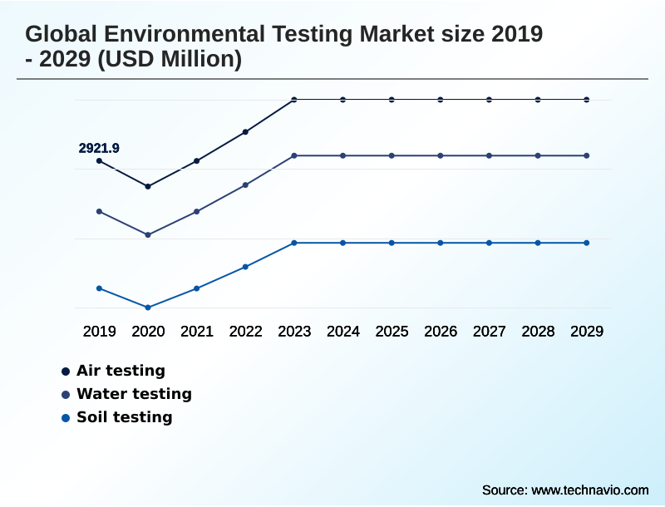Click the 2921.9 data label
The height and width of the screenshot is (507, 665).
point(99,148)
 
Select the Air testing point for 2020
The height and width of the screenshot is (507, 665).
point(148,186)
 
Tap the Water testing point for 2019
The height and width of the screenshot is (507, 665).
point(99,211)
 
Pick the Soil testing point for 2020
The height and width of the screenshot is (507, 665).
point(148,308)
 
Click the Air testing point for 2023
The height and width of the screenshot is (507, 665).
point(294,100)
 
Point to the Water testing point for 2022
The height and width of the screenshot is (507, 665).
point(245,185)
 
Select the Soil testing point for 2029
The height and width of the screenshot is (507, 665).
point(587,243)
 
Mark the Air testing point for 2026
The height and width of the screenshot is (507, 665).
point(441,100)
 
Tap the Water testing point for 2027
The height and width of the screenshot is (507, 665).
point(489,155)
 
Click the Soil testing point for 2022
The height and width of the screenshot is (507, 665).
point(245,267)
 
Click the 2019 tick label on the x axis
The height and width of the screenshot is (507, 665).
point(99,331)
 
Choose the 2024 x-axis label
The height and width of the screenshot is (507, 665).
point(343,331)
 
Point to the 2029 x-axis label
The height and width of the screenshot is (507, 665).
point(587,331)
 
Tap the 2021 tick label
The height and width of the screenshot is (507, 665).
point(197,331)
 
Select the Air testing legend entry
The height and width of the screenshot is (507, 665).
point(121,371)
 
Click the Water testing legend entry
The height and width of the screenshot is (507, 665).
point(133,394)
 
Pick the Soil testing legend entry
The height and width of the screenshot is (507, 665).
point(124,417)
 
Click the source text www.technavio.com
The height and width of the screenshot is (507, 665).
point(589,490)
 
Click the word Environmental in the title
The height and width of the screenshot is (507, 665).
point(170,34)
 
